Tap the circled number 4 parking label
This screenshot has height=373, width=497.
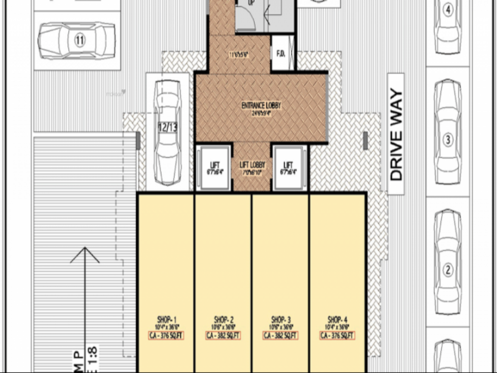point(447,10)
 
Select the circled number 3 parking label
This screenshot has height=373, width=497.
point(447,140)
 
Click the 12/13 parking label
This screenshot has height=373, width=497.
point(167,128)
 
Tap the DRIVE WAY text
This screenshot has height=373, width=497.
point(396,135)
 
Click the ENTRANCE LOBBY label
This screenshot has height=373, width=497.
point(261,106)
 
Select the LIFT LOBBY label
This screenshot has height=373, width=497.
point(252,165)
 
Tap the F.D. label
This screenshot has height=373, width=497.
point(281,54)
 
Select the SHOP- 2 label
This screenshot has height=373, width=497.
point(224,320)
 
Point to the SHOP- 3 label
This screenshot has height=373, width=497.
point(281,320)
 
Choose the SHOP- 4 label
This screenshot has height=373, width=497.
point(338,320)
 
